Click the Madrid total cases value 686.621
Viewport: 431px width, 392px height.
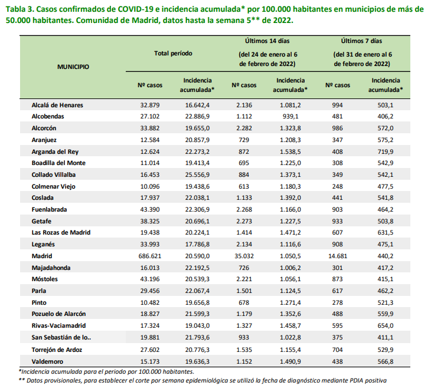pyautogui.click(x=150, y=256)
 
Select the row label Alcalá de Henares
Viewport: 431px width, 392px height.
pyautogui.click(x=57, y=105)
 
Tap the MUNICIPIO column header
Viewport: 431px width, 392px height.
pyautogui.click(x=73, y=67)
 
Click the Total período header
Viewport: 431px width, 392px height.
pyautogui.click(x=173, y=53)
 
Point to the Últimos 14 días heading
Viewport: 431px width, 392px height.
pyautogui.click(x=267, y=41)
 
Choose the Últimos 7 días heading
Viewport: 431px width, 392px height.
pyautogui.click(x=361, y=41)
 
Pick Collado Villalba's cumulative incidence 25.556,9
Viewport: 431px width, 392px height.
pyautogui.click(x=197, y=174)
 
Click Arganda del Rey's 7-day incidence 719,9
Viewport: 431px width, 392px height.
pyautogui.click(x=386, y=151)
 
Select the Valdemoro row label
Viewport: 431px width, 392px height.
pyautogui.click(x=47, y=361)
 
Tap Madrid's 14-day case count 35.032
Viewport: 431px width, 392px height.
pyautogui.click(x=244, y=256)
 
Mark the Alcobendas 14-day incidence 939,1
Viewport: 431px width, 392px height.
pyautogui.click(x=290, y=116)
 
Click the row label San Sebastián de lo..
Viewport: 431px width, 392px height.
pyautogui.click(x=61, y=337)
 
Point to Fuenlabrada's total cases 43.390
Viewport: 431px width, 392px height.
pyautogui.click(x=150, y=209)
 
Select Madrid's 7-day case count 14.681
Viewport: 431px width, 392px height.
pyautogui.click(x=338, y=256)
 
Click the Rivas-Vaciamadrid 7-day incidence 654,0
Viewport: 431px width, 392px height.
pyautogui.click(x=386, y=325)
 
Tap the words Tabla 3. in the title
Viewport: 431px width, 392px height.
pyautogui.click(x=20, y=9)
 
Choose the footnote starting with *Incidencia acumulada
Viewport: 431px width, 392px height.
pyautogui.click(x=106, y=372)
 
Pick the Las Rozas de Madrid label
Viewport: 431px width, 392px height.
pyautogui.click(x=61, y=232)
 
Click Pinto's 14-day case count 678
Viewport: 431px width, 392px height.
pyautogui.click(x=244, y=302)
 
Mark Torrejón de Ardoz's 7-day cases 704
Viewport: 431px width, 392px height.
pyautogui.click(x=338, y=350)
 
